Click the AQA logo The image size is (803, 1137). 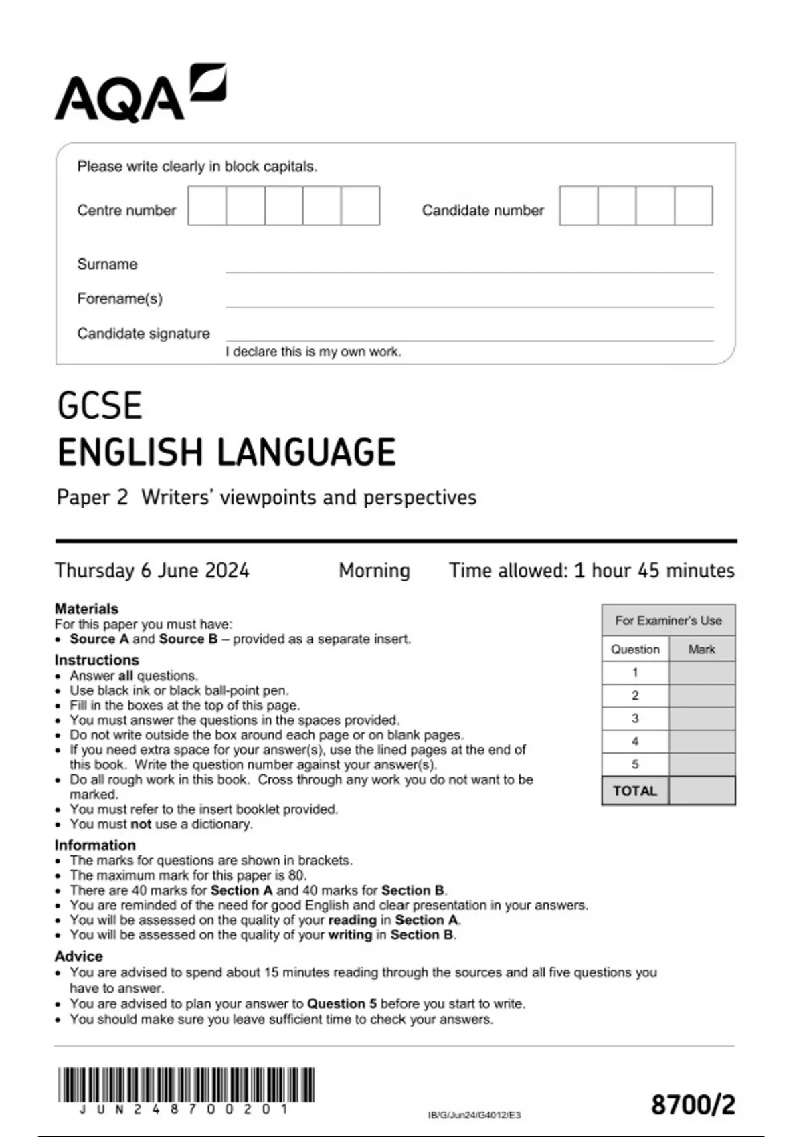[140, 94]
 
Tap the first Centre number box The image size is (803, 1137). [207, 206]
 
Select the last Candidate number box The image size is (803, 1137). [693, 206]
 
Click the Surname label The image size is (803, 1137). [107, 264]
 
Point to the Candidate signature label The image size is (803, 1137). [143, 334]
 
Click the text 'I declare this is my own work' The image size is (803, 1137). [313, 352]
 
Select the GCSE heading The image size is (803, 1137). [100, 405]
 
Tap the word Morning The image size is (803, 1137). [374, 571]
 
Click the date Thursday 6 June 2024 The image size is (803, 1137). [152, 571]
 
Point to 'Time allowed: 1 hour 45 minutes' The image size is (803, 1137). [592, 571]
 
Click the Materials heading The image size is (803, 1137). [86, 609]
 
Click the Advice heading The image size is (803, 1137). [78, 956]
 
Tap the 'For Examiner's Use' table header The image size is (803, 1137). [668, 621]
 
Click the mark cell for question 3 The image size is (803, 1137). [701, 719]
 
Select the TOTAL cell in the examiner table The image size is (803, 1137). [635, 791]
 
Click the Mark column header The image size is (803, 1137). [701, 649]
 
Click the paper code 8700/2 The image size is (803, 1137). [693, 1104]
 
